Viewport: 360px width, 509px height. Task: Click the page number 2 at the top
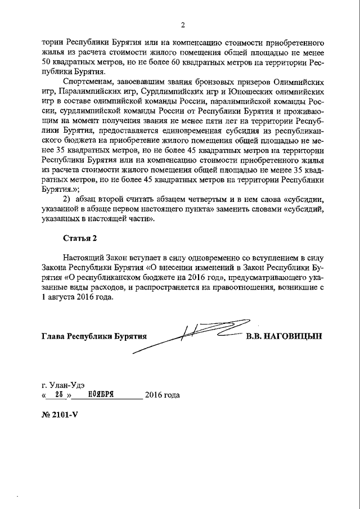coord(183,25)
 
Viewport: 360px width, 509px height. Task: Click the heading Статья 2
coord(80,238)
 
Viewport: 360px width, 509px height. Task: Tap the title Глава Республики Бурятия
coord(93,336)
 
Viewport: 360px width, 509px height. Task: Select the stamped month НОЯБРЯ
coord(101,395)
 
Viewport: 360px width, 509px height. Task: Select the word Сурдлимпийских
coord(177,91)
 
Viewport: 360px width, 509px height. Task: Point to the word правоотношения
coord(242,289)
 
